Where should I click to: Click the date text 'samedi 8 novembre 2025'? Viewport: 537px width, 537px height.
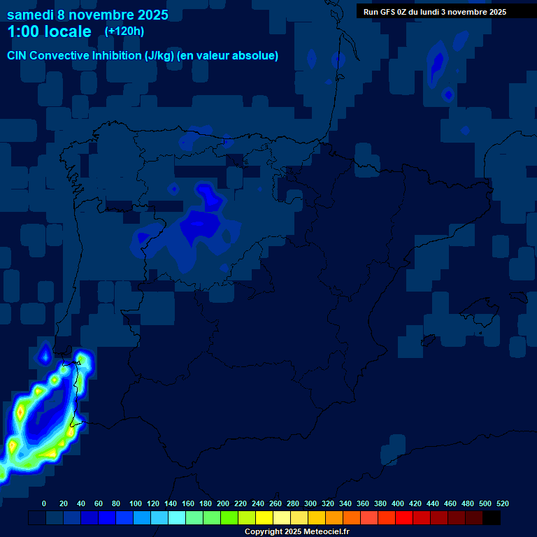pyautogui.click(x=87, y=15)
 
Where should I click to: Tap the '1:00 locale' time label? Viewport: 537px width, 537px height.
pyautogui.click(x=49, y=31)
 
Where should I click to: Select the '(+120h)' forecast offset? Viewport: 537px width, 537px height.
pyautogui.click(x=124, y=31)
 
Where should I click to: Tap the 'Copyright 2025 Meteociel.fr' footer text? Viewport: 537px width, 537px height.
pyautogui.click(x=296, y=532)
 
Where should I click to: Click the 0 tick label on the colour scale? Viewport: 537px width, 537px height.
pyautogui.click(x=44, y=503)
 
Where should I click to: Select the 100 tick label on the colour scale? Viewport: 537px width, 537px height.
pyautogui.click(x=136, y=503)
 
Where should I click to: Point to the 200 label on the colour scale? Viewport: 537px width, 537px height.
pyautogui.click(x=223, y=503)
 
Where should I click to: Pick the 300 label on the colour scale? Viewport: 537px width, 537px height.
pyautogui.click(x=310, y=503)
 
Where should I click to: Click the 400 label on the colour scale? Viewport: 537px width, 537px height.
pyautogui.click(x=398, y=503)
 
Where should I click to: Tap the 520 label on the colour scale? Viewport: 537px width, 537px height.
pyautogui.click(x=502, y=503)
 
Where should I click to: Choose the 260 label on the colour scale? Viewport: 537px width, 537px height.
pyautogui.click(x=275, y=503)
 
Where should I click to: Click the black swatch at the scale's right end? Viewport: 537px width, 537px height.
pyautogui.click(x=492, y=518)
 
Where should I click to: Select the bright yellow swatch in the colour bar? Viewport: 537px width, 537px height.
pyautogui.click(x=264, y=518)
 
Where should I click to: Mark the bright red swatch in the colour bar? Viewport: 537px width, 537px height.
pyautogui.click(x=404, y=518)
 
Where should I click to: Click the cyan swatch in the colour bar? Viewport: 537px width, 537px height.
pyautogui.click(x=177, y=518)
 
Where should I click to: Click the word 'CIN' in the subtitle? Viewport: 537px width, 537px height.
pyautogui.click(x=18, y=56)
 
